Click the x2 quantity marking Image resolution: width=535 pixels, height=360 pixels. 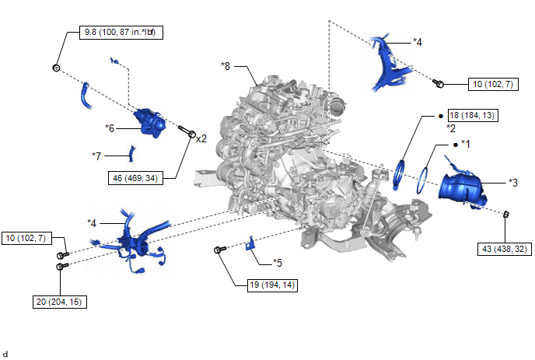point(201,138)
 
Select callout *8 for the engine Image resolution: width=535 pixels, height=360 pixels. point(226,66)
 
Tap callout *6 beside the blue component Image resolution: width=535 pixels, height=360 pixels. point(110,127)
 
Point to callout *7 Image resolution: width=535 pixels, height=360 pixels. point(96,156)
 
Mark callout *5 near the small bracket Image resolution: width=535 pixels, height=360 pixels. point(278,262)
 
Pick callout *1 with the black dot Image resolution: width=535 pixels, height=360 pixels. point(467,144)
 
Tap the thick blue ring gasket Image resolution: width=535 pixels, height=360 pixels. point(400,173)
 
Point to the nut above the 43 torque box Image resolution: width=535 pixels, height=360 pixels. point(506,213)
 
